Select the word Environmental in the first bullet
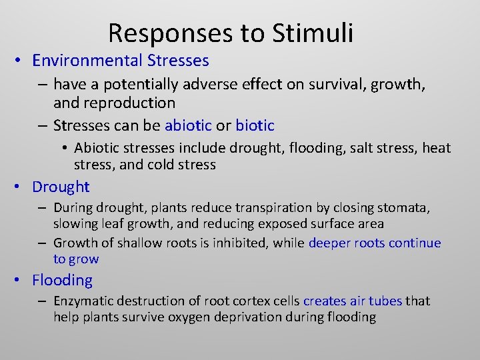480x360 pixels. click(86, 61)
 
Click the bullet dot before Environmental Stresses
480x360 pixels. click(21, 61)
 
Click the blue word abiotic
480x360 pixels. click(188, 125)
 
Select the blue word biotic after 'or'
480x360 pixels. click(255, 125)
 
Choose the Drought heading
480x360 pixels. click(61, 187)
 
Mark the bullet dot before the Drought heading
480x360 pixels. click(21, 187)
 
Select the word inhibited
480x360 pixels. click(239, 243)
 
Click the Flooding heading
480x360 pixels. click(63, 280)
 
